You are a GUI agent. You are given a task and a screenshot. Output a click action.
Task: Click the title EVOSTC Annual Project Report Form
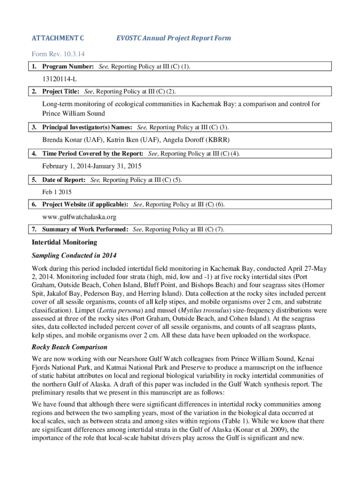173,38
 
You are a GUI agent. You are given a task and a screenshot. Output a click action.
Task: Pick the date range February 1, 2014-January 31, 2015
92,166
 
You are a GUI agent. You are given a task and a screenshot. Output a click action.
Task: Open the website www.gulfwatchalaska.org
79,217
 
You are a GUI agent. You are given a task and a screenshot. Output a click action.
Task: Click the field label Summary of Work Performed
84,230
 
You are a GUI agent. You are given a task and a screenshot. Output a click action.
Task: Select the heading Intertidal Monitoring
64,242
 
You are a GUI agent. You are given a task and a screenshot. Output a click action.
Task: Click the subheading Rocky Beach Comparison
69,347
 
